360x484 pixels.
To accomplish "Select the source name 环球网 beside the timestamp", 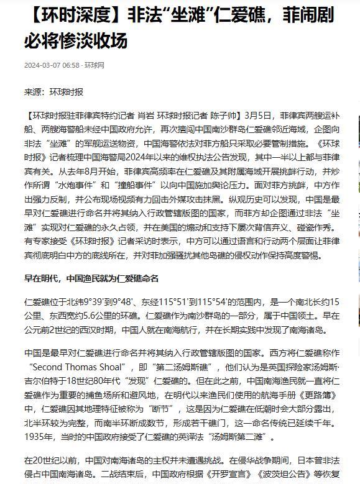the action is [x=95, y=65].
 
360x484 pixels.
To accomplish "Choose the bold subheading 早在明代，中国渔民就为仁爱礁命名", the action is [x=91, y=278].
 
